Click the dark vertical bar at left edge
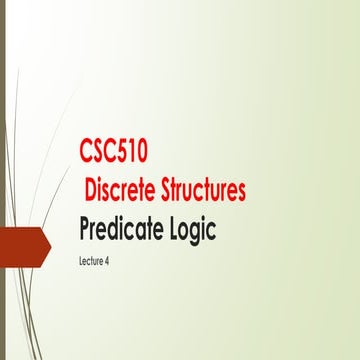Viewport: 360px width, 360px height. pos(3,180)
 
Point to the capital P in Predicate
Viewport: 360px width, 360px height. pos(87,229)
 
